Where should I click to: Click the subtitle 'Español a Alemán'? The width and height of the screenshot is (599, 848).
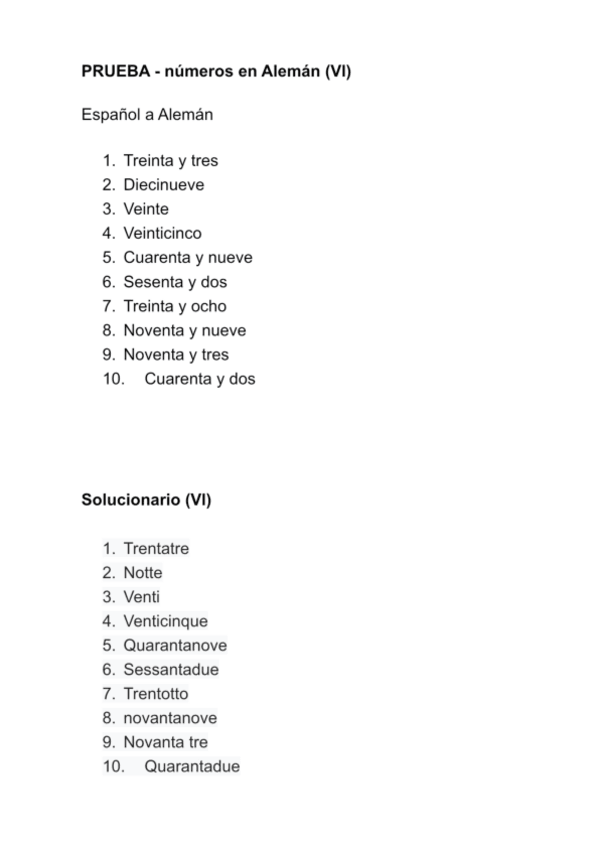147,114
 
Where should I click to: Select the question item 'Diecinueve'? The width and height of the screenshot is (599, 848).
163,185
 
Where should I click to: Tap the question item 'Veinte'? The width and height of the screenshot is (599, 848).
146,209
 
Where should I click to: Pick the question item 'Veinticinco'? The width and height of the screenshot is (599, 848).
162,233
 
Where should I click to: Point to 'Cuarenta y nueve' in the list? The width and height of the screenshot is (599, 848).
187,258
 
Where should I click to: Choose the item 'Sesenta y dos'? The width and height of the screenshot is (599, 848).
175,282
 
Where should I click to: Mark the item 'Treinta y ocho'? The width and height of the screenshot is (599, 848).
175,306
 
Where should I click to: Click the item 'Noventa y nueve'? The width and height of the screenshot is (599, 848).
184,331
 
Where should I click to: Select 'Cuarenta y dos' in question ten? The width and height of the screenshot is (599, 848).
200,379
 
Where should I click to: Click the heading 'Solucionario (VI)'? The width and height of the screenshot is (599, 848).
146,499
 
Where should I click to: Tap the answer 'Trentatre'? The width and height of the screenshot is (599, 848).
156,549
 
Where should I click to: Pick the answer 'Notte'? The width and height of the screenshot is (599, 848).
142,573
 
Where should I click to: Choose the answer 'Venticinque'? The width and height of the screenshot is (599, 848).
165,621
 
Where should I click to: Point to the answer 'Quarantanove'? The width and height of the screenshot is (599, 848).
175,646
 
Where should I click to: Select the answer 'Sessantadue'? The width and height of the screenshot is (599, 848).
170,670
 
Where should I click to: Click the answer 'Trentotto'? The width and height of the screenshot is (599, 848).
155,694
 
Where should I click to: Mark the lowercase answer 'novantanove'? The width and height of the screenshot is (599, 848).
170,718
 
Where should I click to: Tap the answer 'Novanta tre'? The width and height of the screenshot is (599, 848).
165,742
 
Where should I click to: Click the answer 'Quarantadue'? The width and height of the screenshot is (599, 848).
192,767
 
